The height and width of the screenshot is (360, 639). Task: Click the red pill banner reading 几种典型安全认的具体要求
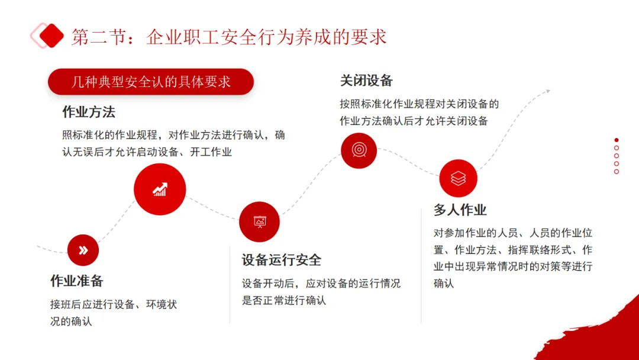click(151, 82)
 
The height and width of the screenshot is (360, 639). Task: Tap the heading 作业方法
click(89, 112)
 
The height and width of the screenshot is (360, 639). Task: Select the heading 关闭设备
click(366, 81)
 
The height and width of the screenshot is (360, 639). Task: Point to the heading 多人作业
click(460, 210)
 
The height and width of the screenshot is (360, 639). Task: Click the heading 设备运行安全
click(282, 260)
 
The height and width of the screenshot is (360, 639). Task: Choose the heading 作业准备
click(77, 281)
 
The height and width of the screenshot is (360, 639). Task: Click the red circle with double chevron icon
click(83, 250)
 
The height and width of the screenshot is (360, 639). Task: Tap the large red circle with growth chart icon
click(160, 189)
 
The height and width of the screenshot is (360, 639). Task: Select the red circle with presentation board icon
click(259, 222)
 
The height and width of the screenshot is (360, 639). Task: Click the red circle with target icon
click(359, 150)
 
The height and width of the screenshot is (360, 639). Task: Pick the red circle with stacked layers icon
click(458, 178)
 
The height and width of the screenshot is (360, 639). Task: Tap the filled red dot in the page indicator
click(617, 140)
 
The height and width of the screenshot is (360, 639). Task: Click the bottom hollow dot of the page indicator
click(617, 172)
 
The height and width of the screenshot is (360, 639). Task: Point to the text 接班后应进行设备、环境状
click(114, 305)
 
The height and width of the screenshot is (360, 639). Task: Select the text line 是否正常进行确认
click(284, 300)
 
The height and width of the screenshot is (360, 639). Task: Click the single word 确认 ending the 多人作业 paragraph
click(444, 283)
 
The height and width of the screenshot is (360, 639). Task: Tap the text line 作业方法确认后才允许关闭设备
click(414, 121)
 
